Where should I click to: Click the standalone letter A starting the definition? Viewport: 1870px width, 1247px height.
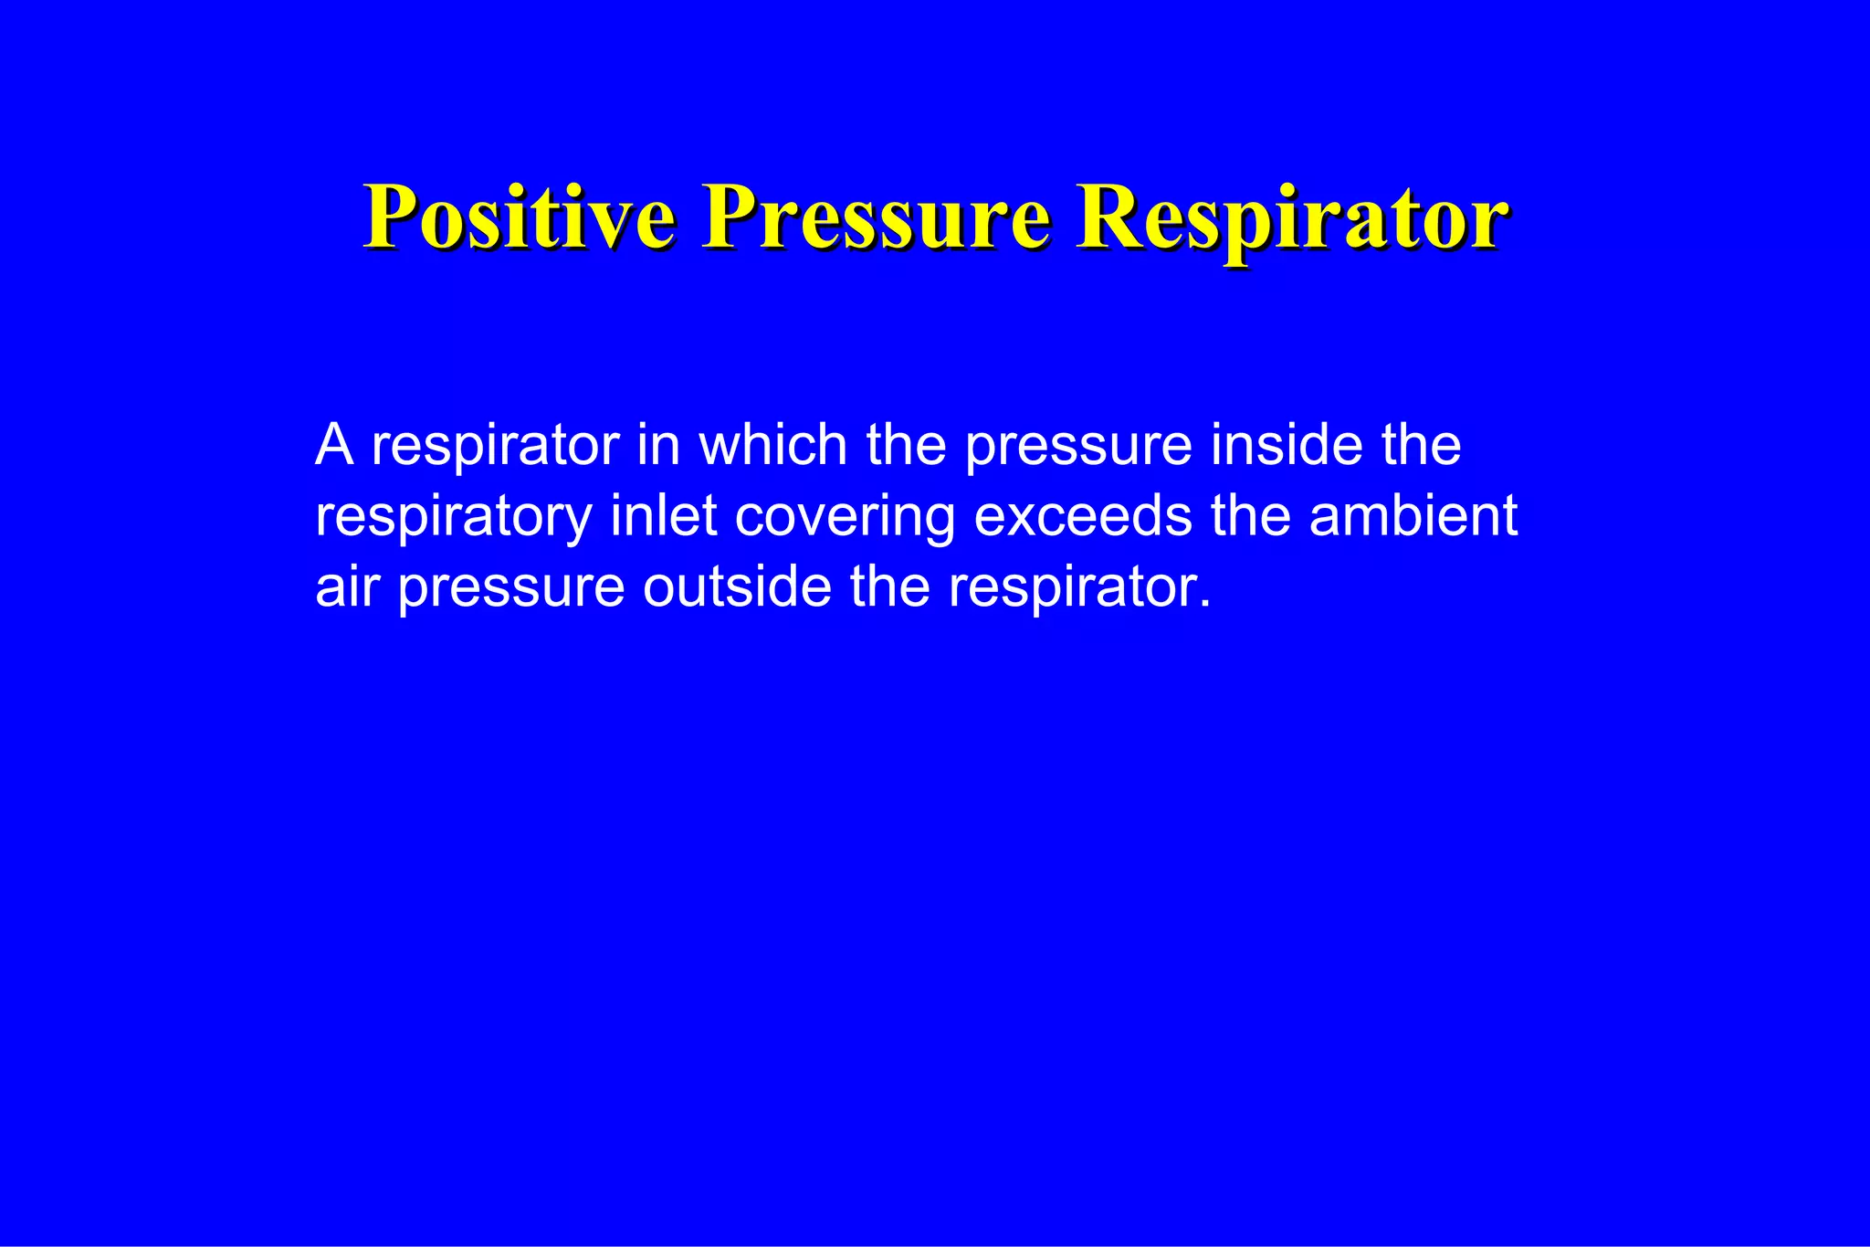(334, 445)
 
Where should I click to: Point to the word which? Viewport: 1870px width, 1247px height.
(773, 445)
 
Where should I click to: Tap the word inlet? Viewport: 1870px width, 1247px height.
(664, 515)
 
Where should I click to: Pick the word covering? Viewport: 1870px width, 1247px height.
(845, 517)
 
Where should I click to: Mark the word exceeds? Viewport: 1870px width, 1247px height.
(1083, 515)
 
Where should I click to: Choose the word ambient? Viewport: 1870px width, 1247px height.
(1413, 515)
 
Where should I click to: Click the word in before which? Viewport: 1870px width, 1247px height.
(658, 445)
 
